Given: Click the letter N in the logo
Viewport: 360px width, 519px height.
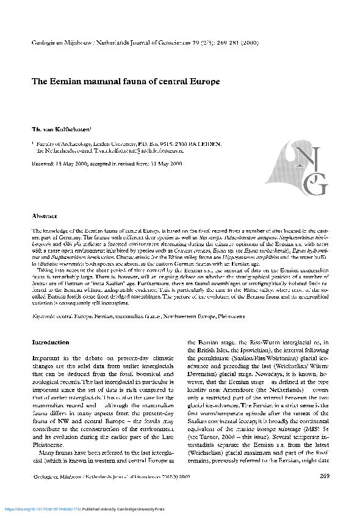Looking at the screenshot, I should pos(304,156).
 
